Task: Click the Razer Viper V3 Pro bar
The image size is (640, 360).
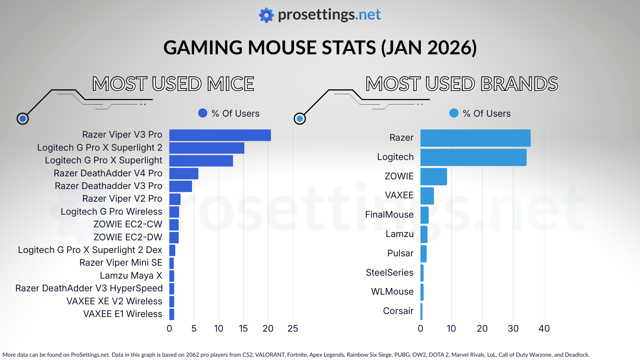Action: (220, 135)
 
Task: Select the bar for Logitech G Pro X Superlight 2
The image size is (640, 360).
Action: (207, 148)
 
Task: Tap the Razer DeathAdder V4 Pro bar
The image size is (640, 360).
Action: (184, 174)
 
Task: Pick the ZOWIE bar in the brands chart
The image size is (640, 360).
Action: (434, 177)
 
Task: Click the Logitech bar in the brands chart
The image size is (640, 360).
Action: (473, 157)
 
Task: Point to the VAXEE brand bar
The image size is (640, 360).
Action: (427, 196)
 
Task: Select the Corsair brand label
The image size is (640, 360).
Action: (398, 311)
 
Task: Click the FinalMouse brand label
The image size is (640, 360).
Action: (389, 215)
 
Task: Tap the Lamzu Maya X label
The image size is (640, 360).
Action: (131, 276)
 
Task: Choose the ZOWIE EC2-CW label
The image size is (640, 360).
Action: (128, 224)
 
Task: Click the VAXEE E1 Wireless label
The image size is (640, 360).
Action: (122, 314)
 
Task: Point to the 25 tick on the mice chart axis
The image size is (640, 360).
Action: (293, 329)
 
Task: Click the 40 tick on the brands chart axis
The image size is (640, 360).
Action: (544, 329)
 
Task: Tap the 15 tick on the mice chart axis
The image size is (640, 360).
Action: (243, 329)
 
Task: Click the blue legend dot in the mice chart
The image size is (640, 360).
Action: (203, 113)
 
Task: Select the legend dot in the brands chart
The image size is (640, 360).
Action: (454, 113)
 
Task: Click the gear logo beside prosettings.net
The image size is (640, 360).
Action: (266, 15)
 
